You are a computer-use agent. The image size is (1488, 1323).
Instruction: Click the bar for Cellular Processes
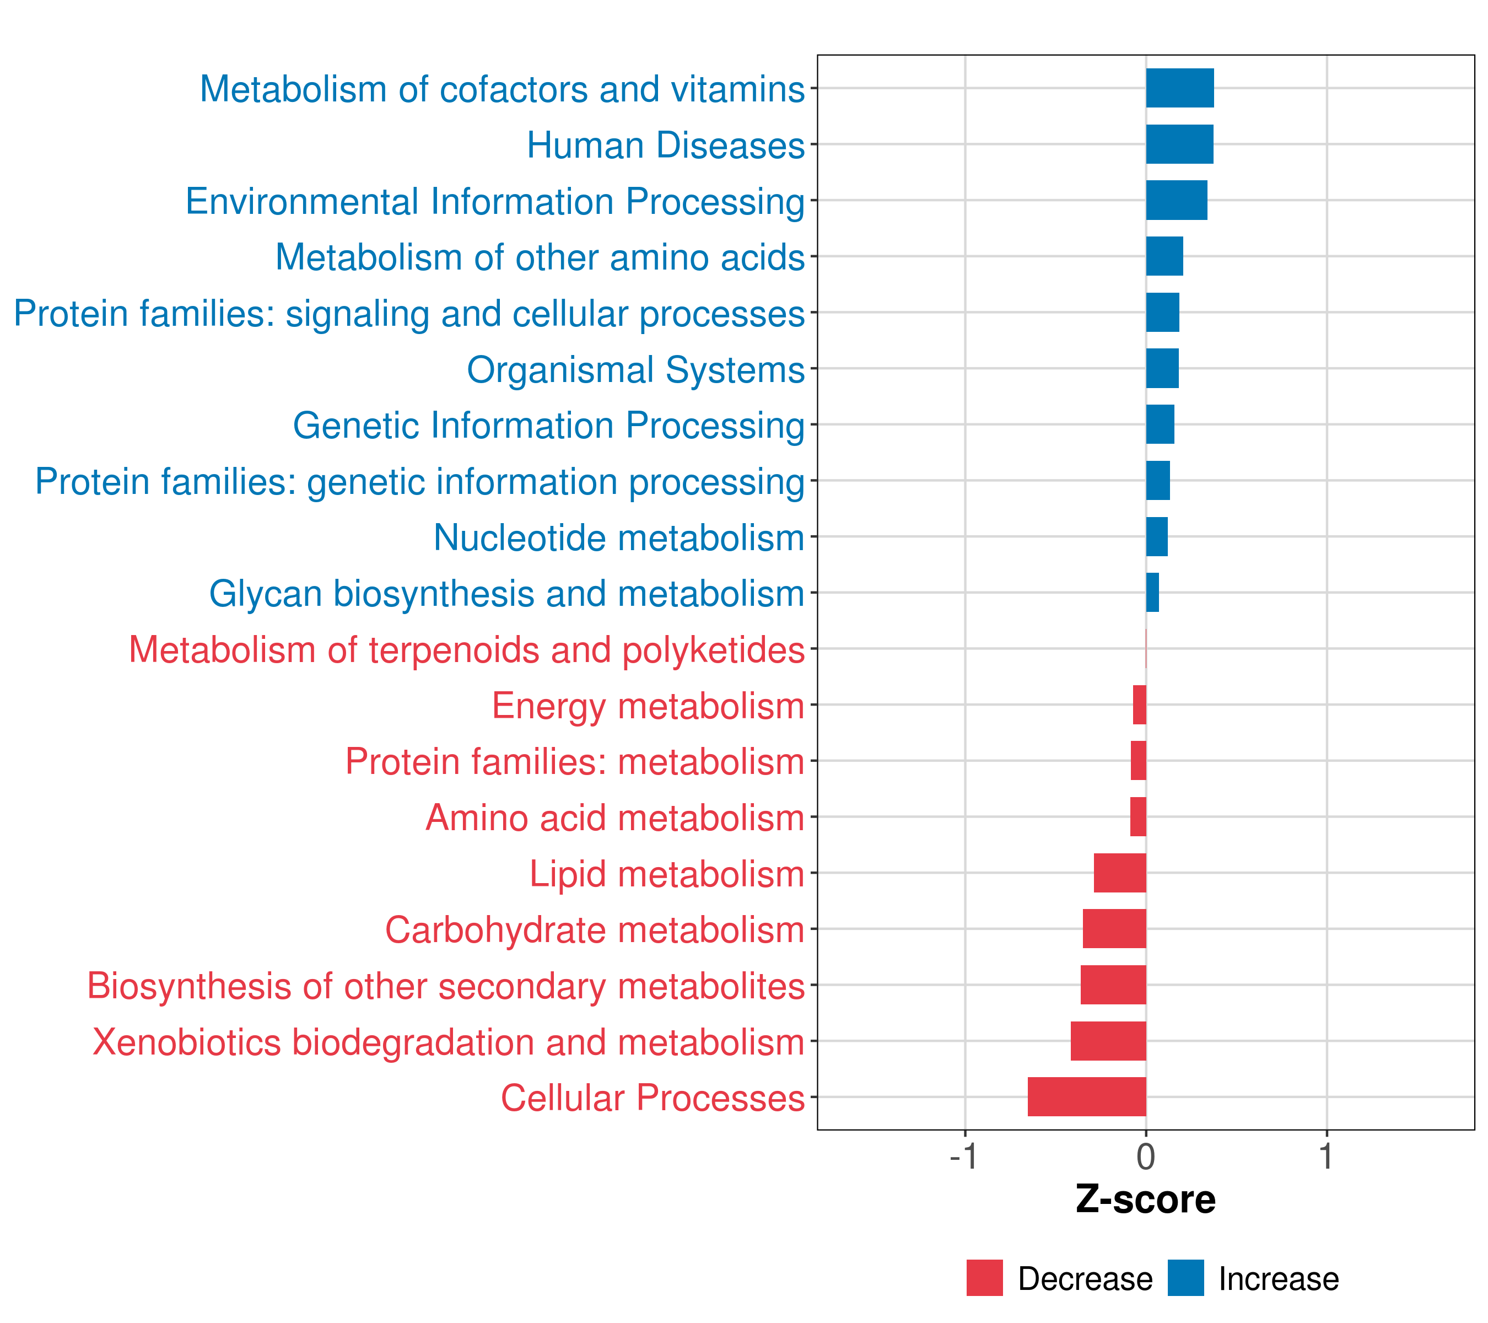(1086, 1096)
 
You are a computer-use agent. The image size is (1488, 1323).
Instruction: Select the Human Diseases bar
(1179, 144)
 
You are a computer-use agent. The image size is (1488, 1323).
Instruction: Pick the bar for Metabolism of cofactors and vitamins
(1180, 88)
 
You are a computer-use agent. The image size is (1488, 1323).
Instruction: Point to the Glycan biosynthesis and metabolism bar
(1152, 593)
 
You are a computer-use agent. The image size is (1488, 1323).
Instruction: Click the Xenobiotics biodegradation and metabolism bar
(1108, 1041)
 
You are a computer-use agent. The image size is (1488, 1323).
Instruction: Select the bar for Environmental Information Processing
(1177, 200)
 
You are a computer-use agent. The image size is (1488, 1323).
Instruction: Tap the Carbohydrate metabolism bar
(1114, 929)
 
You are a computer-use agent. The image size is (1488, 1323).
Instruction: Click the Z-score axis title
(1146, 1199)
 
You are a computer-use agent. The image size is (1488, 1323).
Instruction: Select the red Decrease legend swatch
(984, 1278)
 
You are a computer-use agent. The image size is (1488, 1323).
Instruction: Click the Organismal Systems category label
(635, 370)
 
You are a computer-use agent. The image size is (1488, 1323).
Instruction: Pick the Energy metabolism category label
(648, 706)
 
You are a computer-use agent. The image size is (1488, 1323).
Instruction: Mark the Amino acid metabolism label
(614, 818)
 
